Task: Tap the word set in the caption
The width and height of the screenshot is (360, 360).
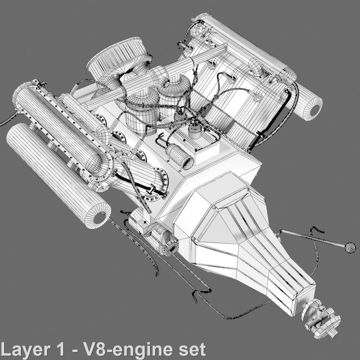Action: [192, 349]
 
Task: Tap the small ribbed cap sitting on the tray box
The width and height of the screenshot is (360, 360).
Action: [195, 132]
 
